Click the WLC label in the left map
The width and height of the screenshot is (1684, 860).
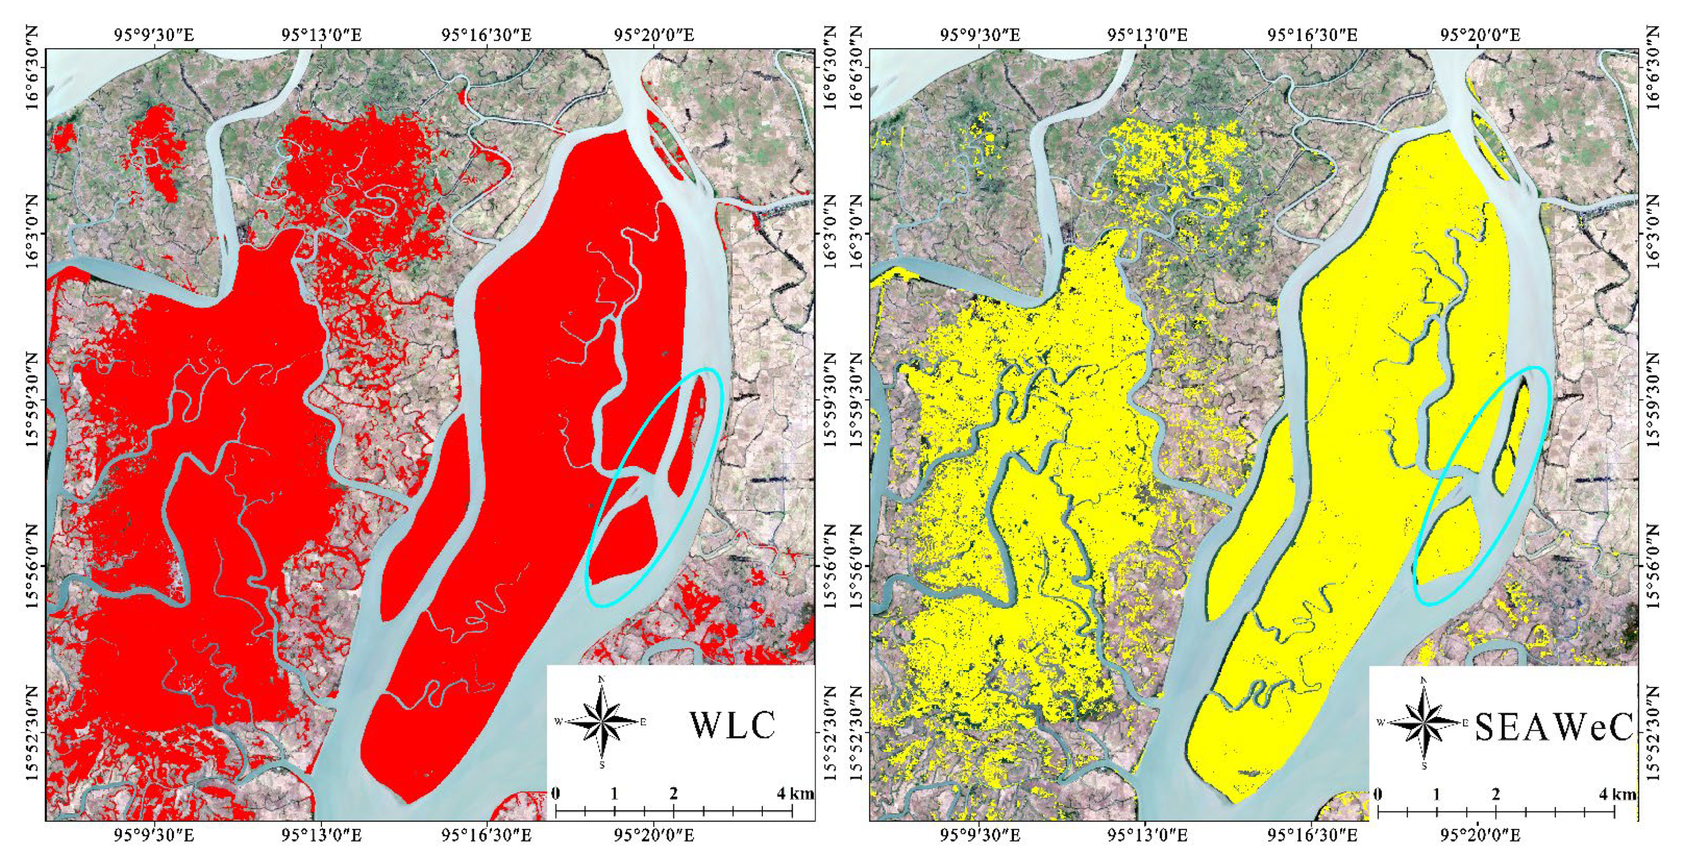(x=732, y=725)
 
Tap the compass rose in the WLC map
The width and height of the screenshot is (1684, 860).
(x=601, y=722)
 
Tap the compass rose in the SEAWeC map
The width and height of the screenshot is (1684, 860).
(x=1424, y=722)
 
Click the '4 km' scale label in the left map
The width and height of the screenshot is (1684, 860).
(x=795, y=793)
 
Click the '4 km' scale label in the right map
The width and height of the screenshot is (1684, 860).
(x=1618, y=793)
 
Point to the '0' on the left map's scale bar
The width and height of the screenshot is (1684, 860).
(x=556, y=793)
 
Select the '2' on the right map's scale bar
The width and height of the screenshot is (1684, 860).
(x=1496, y=793)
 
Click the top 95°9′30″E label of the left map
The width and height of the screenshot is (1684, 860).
(x=154, y=34)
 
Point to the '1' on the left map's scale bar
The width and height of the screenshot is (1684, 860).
(x=614, y=793)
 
